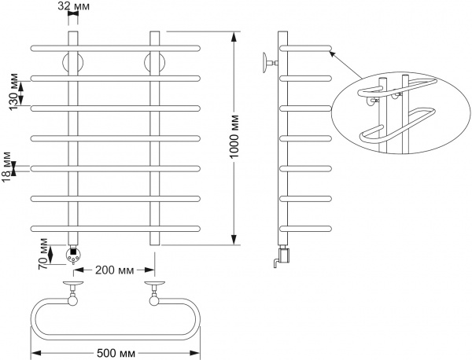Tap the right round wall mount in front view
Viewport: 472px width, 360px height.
tap(154, 63)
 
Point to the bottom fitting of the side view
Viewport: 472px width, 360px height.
tap(282, 253)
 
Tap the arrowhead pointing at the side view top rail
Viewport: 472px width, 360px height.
tap(333, 53)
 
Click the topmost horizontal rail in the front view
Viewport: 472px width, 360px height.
tap(116, 49)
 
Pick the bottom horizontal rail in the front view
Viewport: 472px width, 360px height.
tap(116, 227)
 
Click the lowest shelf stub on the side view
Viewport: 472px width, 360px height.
tap(308, 227)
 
